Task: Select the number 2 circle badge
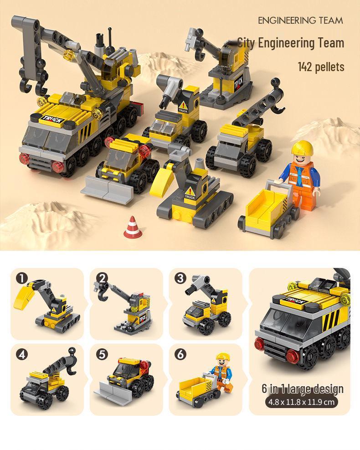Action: [101, 278]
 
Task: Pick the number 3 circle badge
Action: [180, 278]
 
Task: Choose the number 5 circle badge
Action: [101, 354]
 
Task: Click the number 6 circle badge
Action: [180, 354]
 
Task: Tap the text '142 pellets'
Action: [321, 67]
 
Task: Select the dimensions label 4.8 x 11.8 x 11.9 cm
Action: [302, 402]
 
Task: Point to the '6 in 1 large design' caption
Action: [302, 389]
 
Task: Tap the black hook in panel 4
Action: [72, 353]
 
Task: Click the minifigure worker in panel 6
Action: [222, 371]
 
